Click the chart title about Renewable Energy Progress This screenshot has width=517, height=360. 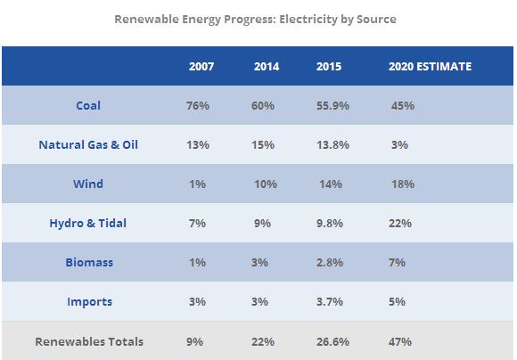[x=255, y=19]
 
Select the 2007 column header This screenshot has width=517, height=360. [x=201, y=67]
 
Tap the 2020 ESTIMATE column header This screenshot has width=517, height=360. [x=430, y=67]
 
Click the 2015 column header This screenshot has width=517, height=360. [x=329, y=67]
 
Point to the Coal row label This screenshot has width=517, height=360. [x=88, y=105]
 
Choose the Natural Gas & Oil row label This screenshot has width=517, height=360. [x=88, y=144]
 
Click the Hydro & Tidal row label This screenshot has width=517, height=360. [x=87, y=223]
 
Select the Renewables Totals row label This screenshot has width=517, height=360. [x=89, y=341]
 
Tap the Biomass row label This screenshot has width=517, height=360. [x=89, y=262]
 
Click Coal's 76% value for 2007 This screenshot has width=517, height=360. [x=198, y=106]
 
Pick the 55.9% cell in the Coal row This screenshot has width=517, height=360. [x=332, y=106]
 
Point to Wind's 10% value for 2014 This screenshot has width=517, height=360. [x=266, y=184]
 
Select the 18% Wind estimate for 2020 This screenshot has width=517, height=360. [x=403, y=184]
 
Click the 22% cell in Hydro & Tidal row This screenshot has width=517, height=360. [x=400, y=223]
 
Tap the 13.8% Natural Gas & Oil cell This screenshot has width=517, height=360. [x=332, y=144]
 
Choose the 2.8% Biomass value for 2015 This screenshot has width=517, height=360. [x=330, y=262]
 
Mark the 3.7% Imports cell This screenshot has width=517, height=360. [x=330, y=302]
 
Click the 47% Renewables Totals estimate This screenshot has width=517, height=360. [x=400, y=342]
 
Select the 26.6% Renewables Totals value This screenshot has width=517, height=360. [x=332, y=342]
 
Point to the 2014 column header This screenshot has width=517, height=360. [x=267, y=67]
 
